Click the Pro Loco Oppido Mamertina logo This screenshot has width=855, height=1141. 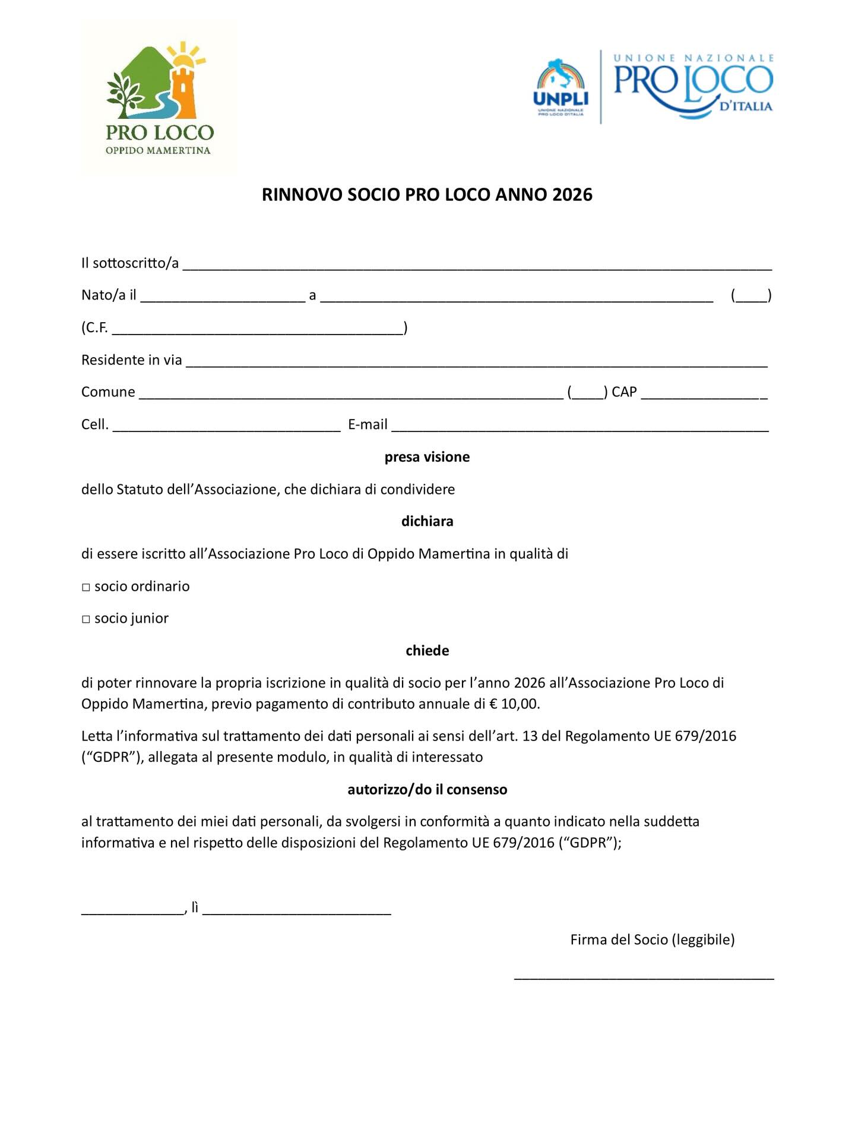(159, 98)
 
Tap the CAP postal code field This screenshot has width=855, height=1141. (704, 393)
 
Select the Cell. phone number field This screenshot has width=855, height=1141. (226, 425)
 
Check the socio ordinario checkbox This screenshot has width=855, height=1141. (86, 587)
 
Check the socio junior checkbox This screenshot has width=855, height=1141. (86, 619)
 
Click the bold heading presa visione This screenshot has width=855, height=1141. (427, 457)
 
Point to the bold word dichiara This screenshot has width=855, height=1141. (427, 521)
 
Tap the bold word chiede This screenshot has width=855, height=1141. (427, 651)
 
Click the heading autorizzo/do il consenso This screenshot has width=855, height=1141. (427, 790)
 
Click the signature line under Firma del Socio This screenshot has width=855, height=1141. (644, 977)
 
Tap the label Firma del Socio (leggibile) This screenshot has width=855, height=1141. (653, 940)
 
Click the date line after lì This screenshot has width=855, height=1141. (297, 910)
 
